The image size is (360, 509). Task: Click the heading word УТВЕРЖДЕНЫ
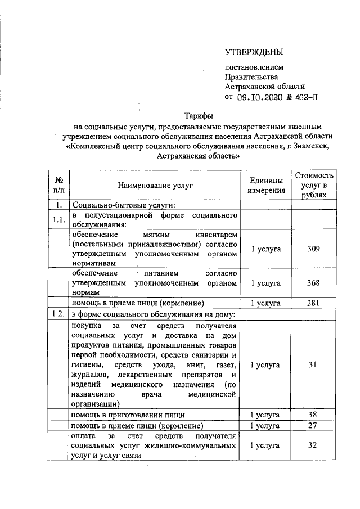click(254, 53)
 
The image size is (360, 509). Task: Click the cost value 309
click(314, 249)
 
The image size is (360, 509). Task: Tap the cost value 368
click(314, 283)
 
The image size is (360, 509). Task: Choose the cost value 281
click(314, 303)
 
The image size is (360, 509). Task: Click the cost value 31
click(314, 364)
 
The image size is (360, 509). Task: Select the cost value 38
click(314, 415)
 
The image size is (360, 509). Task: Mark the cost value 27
click(314, 425)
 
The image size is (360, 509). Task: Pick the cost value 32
click(314, 445)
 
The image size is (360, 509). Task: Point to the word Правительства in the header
click(251, 76)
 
